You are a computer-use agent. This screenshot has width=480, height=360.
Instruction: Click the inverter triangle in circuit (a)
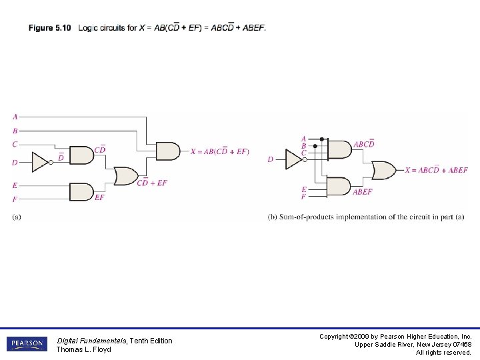pos(39,161)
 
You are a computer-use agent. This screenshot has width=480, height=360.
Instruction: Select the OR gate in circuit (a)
pos(125,176)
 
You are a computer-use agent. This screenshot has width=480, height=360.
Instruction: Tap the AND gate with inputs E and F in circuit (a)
pos(81,192)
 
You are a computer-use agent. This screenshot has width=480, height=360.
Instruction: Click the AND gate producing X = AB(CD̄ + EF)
pos(167,151)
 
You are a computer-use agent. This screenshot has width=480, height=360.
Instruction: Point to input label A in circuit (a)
pos(15,117)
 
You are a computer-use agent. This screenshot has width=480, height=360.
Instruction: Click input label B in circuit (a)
pos(15,131)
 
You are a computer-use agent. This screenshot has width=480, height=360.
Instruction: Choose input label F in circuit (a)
pos(15,199)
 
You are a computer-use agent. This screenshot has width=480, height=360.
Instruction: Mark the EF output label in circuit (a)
pos(99,197)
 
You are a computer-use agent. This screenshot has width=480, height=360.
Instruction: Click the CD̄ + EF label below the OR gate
pos(152,183)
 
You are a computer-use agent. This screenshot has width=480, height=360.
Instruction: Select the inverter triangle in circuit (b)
pos(293,159)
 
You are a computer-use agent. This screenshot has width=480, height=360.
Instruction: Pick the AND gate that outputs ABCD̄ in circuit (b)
pos(339,149)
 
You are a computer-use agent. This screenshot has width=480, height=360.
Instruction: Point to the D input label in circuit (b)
pos(270,159)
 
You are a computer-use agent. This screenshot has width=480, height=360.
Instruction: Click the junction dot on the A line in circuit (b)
pos(322,139)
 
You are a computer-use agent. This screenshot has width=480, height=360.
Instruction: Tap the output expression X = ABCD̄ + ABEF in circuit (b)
pos(436,170)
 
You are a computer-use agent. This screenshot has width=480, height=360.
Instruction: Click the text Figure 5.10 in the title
pos(49,28)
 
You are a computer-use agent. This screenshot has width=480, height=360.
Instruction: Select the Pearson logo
pos(27,344)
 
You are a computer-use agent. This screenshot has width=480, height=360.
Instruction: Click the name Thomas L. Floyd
pos(83,349)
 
